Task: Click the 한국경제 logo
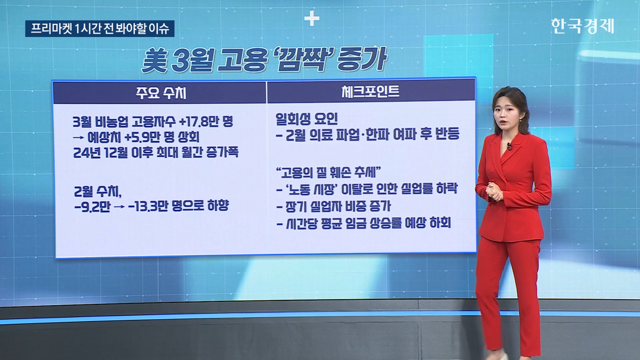pyautogui.click(x=582, y=26)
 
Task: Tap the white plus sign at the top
pyautogui.click(x=312, y=18)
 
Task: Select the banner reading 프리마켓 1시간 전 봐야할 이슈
pyautogui.click(x=100, y=29)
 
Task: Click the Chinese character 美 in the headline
pyautogui.click(x=154, y=60)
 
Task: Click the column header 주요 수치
pyautogui.click(x=161, y=93)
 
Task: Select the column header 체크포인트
pyautogui.click(x=370, y=92)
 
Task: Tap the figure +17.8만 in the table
pyautogui.click(x=199, y=122)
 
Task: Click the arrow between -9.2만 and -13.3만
pyautogui.click(x=119, y=207)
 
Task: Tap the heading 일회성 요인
pyautogui.click(x=306, y=119)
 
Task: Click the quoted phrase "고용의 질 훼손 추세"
pyautogui.click(x=328, y=172)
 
